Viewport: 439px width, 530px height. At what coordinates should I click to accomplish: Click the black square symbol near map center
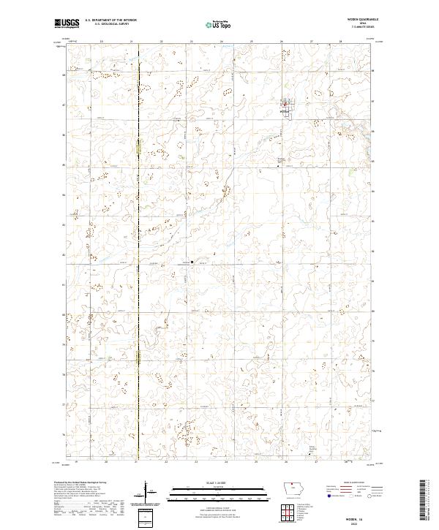192,262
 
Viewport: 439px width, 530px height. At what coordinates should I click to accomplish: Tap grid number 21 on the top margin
131,42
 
